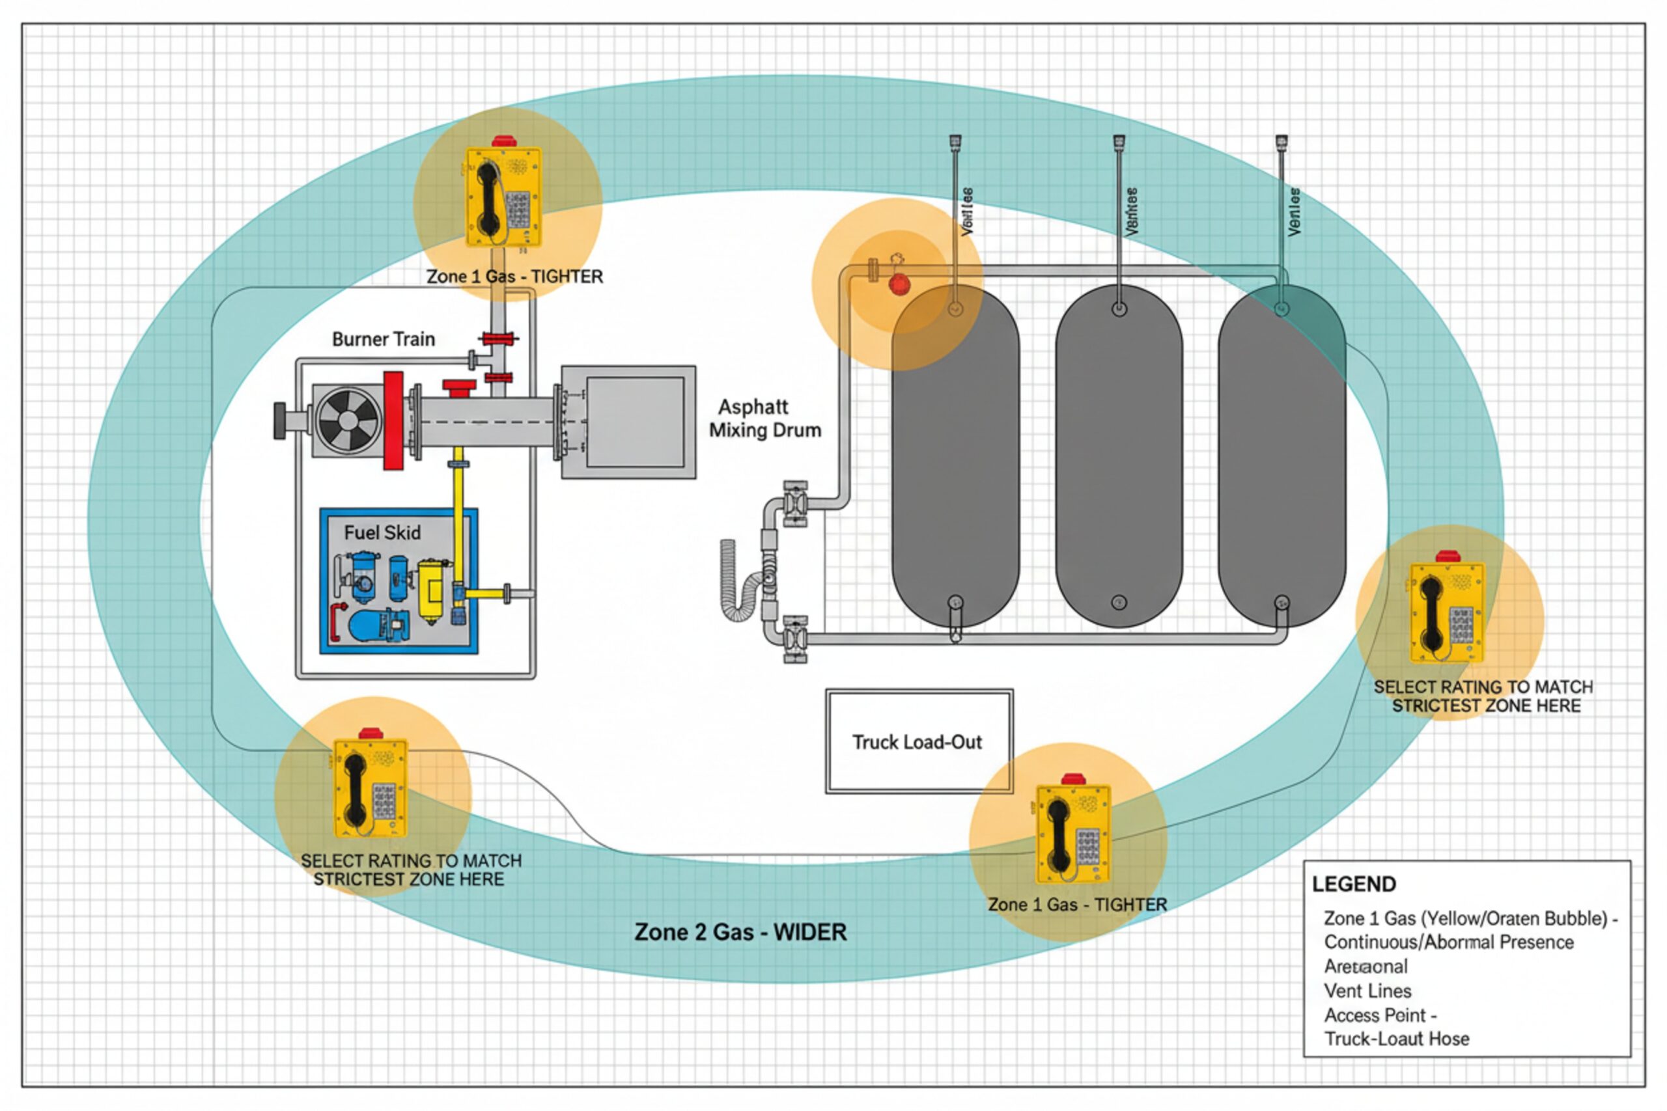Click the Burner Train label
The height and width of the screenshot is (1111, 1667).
(384, 339)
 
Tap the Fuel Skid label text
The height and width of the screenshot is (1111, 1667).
(382, 533)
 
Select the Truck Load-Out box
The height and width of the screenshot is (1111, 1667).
(919, 741)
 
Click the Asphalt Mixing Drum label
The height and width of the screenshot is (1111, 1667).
(764, 418)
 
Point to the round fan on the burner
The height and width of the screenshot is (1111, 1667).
(347, 420)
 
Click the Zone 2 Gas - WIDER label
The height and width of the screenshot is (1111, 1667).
(740, 932)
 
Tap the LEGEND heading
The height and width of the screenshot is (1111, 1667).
(1354, 885)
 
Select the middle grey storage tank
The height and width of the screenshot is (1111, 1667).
(1119, 457)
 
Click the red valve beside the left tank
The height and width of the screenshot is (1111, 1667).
(899, 284)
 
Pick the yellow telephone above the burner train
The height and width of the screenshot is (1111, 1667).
(503, 197)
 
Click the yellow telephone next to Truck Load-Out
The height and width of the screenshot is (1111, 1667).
(1072, 834)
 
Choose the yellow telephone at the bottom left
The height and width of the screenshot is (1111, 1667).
(370, 788)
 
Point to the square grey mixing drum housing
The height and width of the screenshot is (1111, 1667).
(628, 422)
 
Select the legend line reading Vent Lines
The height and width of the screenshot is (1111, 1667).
(1367, 991)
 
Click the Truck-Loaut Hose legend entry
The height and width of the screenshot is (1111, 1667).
(1396, 1039)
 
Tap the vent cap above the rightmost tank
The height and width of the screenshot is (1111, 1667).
(1282, 143)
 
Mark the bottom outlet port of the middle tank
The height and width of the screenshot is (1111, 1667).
(1119, 603)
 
